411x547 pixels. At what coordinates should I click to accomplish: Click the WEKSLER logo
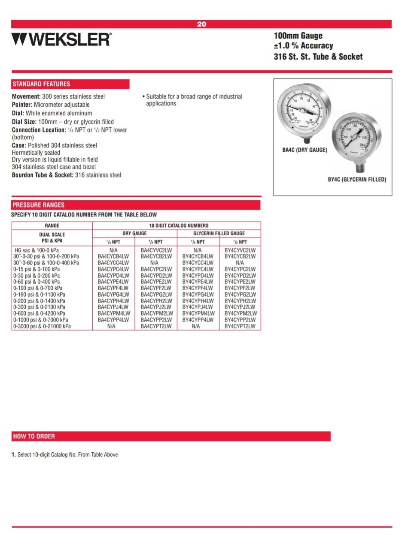(61, 39)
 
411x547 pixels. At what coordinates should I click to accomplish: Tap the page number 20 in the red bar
(201, 24)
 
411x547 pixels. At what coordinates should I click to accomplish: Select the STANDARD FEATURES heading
(41, 84)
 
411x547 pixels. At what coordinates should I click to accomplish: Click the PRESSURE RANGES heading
(38, 205)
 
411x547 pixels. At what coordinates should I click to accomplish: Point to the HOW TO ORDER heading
(34, 436)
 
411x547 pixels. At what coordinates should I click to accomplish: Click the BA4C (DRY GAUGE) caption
(304, 150)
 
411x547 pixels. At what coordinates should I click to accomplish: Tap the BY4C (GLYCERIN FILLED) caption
(357, 180)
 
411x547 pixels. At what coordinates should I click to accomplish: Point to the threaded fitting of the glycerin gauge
(357, 167)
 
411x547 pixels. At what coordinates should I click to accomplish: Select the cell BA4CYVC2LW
(156, 250)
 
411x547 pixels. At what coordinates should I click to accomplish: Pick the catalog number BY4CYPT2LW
(240, 326)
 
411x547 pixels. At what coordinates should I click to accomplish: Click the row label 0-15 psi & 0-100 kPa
(37, 269)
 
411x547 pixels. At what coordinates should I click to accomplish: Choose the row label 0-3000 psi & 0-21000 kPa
(42, 326)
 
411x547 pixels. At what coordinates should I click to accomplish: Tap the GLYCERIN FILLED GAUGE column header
(219, 233)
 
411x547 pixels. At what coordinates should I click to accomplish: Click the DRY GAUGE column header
(134, 233)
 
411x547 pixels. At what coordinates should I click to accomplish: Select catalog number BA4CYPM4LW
(114, 313)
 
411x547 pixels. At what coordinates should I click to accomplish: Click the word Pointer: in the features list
(22, 105)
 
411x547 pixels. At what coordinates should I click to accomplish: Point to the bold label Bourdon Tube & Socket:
(43, 175)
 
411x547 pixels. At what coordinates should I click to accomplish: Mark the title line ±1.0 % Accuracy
(303, 46)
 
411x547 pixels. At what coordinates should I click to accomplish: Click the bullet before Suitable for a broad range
(143, 96)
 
